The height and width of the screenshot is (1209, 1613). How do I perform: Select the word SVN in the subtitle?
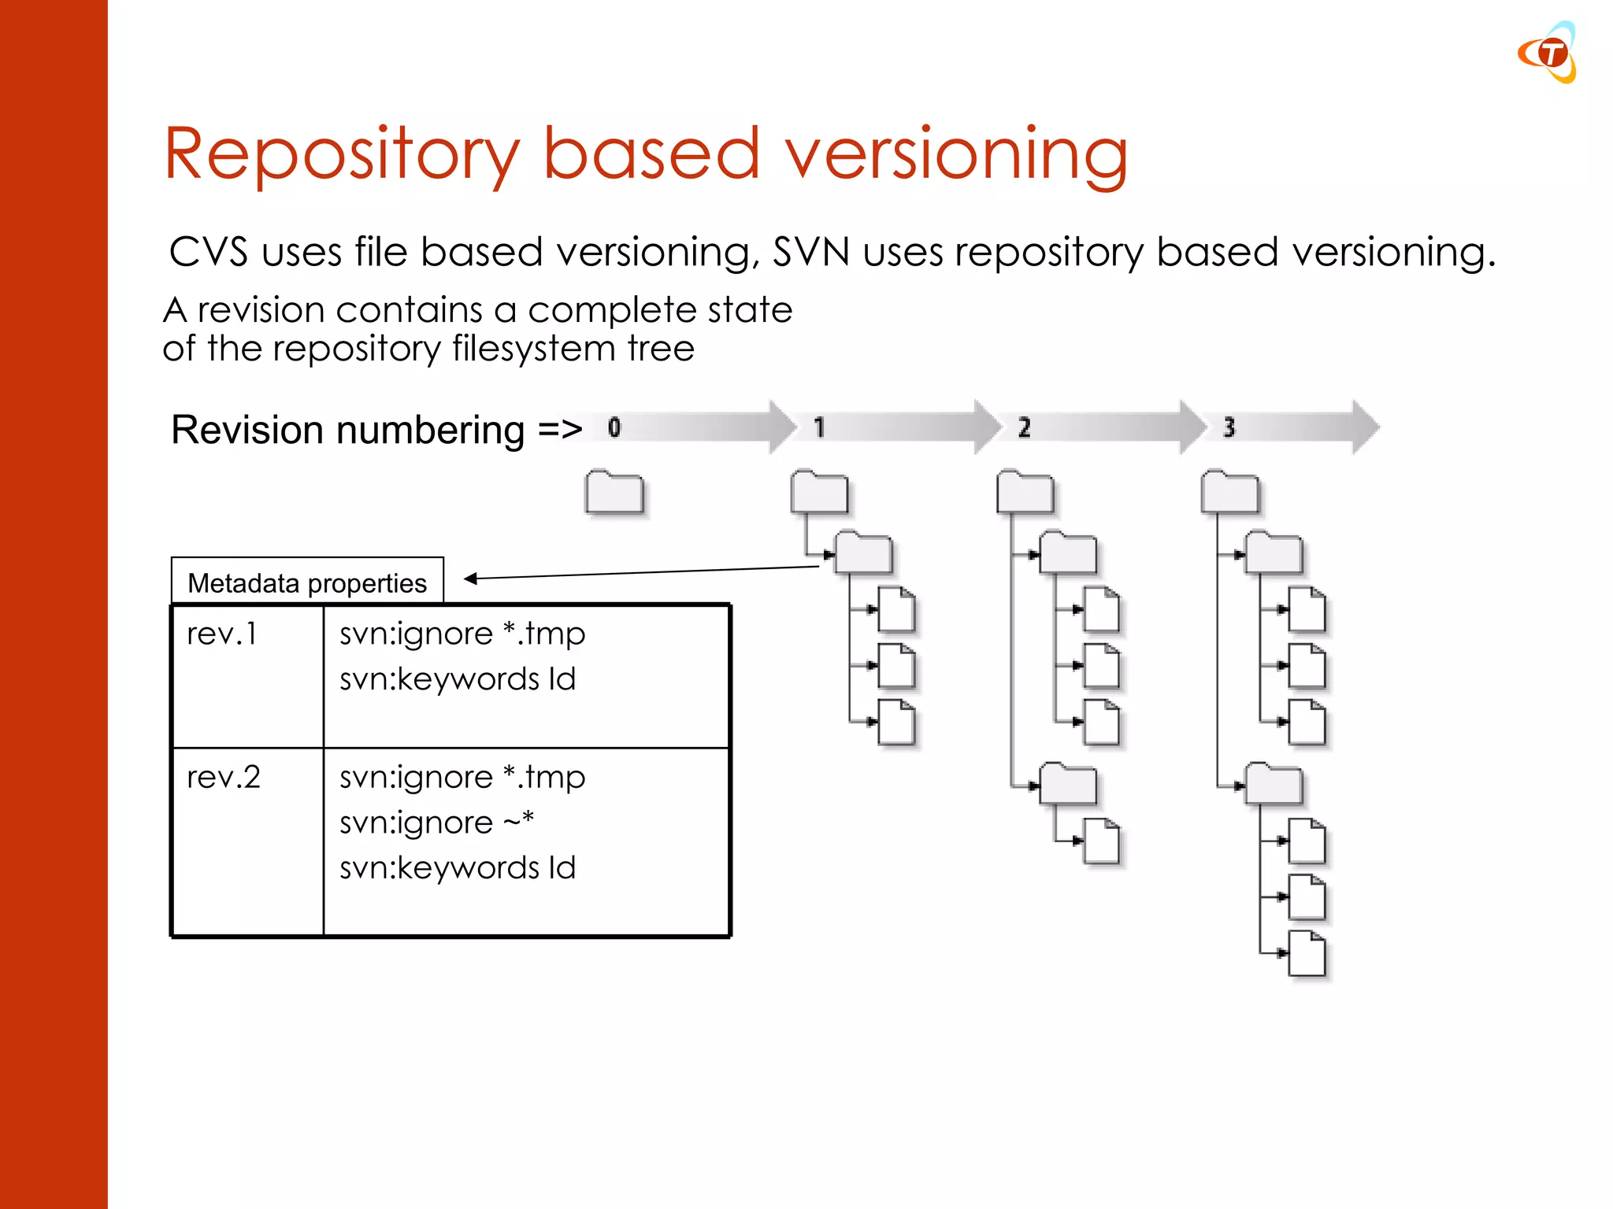pos(810,253)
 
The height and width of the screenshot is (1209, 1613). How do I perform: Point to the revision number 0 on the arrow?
pos(614,427)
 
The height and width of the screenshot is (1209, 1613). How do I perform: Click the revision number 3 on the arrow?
pos(1229,427)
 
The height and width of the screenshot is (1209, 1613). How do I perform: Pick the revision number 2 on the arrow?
pos(1024,427)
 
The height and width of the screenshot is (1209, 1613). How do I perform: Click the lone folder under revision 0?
pos(614,494)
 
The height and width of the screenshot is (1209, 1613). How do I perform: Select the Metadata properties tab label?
pos(307,583)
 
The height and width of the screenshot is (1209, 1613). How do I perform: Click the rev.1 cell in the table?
pos(222,634)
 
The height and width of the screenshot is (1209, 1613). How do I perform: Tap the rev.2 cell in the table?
pos(224,778)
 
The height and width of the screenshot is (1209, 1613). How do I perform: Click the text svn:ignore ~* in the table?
pos(436,823)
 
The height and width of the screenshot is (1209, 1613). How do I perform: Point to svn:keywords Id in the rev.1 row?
pos(458,679)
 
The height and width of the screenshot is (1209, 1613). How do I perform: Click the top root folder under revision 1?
pos(819,494)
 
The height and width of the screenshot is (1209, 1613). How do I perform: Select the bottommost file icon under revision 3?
pos(1307,953)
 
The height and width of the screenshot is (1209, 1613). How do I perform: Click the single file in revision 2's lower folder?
pos(1101,841)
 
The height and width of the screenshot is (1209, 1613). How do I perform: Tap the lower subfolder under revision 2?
pos(1068,785)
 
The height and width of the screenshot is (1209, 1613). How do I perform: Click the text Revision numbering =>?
pos(376,430)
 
